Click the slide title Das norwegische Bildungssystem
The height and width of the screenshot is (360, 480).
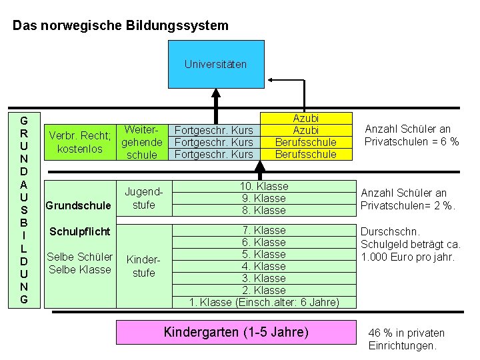coord(121,26)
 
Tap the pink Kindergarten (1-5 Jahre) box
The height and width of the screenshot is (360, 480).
coord(236,332)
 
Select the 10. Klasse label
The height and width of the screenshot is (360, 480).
coord(264,186)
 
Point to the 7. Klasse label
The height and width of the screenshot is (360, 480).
coord(264,230)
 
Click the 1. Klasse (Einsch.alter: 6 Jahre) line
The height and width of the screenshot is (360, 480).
coord(264,302)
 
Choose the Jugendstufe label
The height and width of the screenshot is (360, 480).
coord(143,199)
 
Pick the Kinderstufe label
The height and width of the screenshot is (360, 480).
coord(143,267)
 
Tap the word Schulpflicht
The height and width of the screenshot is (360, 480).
coord(78,232)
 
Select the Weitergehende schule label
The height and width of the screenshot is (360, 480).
coord(141,141)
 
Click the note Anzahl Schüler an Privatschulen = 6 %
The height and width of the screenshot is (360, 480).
coord(411,135)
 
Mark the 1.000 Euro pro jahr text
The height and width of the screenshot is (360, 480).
coord(407,257)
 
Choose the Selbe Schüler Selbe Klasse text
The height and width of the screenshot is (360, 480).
coord(79,263)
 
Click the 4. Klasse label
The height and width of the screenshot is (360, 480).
coord(264,266)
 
